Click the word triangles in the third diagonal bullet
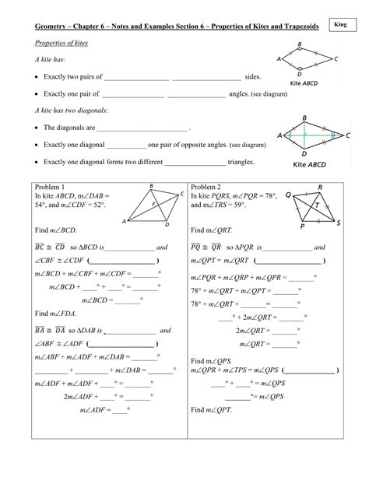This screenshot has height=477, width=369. click(243, 163)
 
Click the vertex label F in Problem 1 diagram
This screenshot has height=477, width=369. click(153, 205)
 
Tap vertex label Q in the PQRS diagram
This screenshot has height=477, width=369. click(289, 195)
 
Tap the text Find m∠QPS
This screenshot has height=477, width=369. click(216, 361)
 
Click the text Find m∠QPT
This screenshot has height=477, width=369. click(216, 409)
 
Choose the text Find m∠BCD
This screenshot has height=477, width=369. click(60, 231)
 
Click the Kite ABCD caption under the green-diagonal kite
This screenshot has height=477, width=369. click(310, 165)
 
